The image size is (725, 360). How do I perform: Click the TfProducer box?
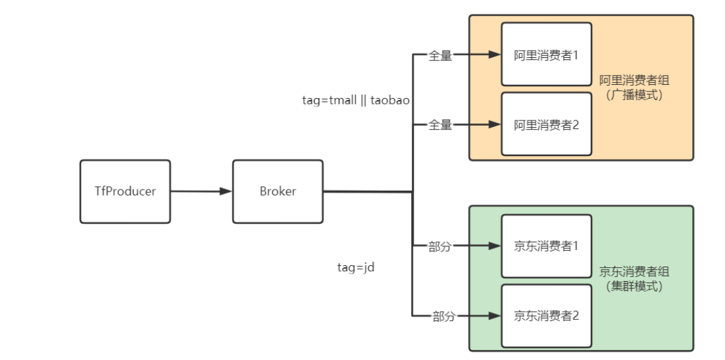[x=125, y=192]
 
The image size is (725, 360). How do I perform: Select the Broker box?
[x=278, y=192]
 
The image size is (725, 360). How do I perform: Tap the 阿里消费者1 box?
[x=546, y=55]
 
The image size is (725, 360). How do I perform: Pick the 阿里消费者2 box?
[x=546, y=124]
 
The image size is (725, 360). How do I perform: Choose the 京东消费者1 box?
[x=546, y=246]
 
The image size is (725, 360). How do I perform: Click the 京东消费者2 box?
[x=546, y=316]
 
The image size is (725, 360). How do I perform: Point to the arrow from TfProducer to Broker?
[x=201, y=192]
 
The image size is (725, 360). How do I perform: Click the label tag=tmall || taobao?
[x=356, y=100]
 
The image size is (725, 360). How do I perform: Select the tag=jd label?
[x=356, y=268]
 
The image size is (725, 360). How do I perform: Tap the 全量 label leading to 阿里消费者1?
[x=441, y=56]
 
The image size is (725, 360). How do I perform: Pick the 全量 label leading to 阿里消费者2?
[x=441, y=125]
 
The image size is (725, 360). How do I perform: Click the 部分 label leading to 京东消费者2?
[x=443, y=317]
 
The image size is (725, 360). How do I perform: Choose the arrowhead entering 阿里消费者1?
[x=494, y=55]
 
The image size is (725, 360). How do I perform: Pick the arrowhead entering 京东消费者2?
[x=494, y=316]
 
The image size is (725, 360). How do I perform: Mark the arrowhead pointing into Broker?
[x=226, y=192]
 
